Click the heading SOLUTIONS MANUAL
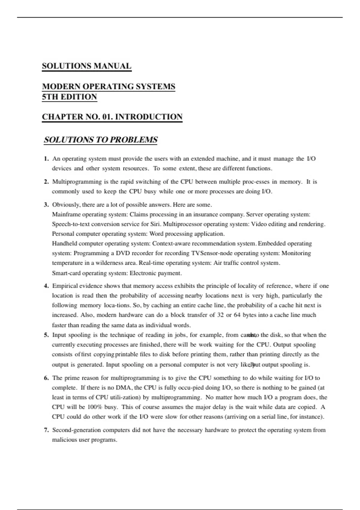86,66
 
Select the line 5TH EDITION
69,97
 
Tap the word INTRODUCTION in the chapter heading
149,117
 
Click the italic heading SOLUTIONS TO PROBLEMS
100,140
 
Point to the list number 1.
46,159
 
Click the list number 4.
46,286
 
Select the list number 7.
46,430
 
